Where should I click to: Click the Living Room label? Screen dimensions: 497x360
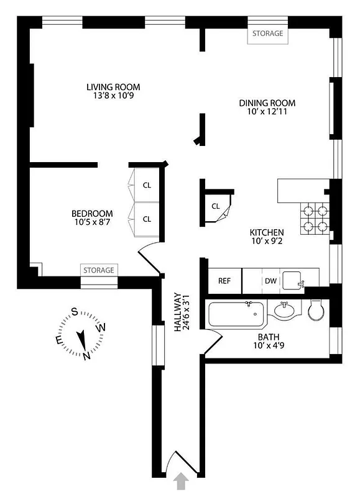(113, 87)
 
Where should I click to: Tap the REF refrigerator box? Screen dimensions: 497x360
(224, 281)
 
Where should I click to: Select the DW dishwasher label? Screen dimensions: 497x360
(270, 281)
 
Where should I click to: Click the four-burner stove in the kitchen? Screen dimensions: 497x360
(314, 219)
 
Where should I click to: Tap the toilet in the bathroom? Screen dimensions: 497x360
(315, 311)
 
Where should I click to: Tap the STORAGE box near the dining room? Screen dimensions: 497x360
(268, 34)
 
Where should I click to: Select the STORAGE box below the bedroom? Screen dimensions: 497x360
(99, 270)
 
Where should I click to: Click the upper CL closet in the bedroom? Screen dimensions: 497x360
(147, 185)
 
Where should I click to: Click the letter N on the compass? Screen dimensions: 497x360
(86, 355)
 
